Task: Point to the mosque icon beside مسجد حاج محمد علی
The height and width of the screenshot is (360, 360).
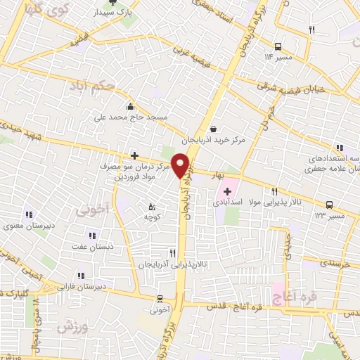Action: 131,107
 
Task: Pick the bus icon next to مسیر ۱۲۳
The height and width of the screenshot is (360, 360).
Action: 329,205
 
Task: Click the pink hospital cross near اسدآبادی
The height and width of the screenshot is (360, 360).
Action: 227,191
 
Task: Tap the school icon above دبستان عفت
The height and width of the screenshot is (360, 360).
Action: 91,236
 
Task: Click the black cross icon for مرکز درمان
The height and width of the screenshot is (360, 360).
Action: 134,155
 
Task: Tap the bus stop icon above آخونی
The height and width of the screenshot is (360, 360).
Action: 160,298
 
